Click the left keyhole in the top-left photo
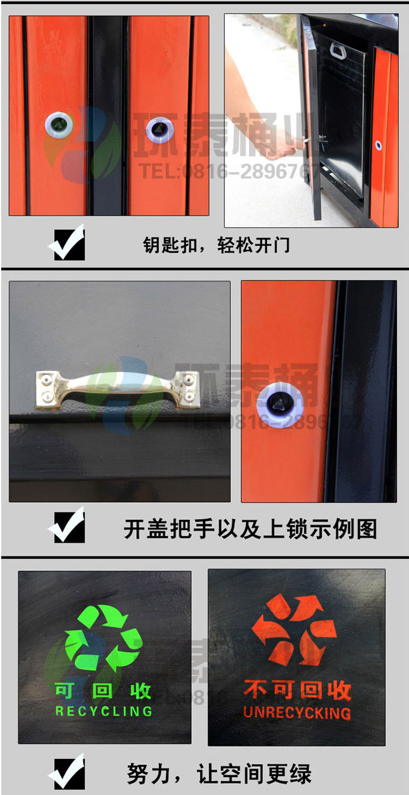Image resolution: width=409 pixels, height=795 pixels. pyautogui.click(x=59, y=124)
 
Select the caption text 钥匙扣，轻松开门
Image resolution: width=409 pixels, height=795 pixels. pyautogui.click(x=216, y=245)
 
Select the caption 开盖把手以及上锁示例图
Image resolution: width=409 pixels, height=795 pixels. pyautogui.click(x=250, y=529)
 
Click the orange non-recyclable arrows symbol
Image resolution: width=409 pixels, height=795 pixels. pyautogui.click(x=294, y=630)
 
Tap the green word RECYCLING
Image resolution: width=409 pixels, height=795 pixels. pyautogui.click(x=103, y=711)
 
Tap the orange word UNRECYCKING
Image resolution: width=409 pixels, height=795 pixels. pyautogui.click(x=297, y=713)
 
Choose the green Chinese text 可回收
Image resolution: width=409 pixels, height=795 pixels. pyautogui.click(x=103, y=691)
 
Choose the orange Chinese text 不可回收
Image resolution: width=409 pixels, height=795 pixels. pyautogui.click(x=297, y=690)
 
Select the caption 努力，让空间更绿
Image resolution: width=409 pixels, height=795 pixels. pyautogui.click(x=219, y=774)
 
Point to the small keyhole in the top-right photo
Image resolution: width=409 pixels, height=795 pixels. pyautogui.click(x=378, y=145)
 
